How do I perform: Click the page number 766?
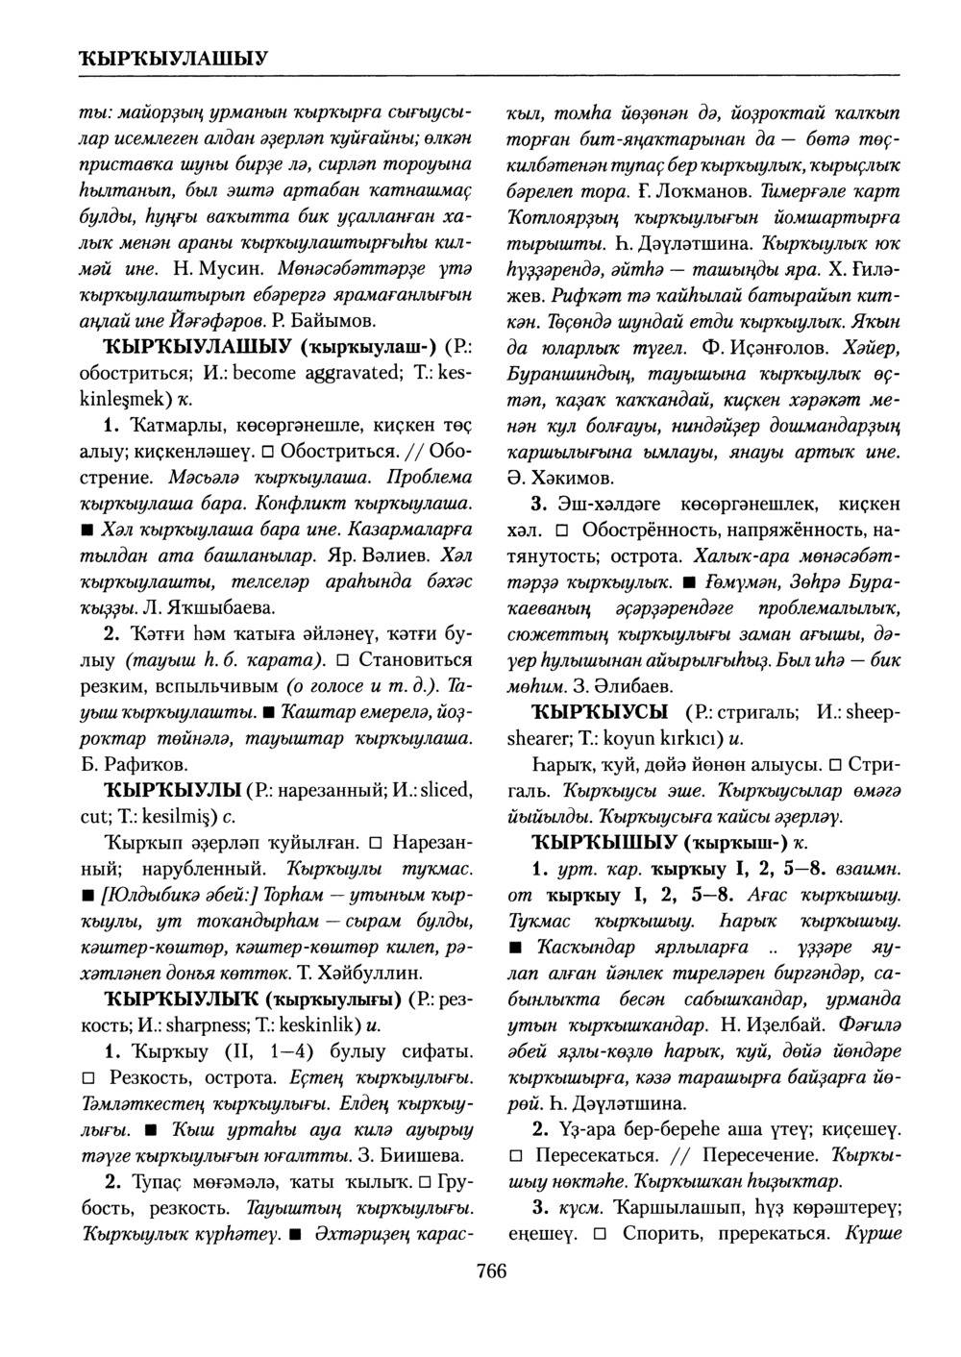pyautogui.click(x=490, y=1272)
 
